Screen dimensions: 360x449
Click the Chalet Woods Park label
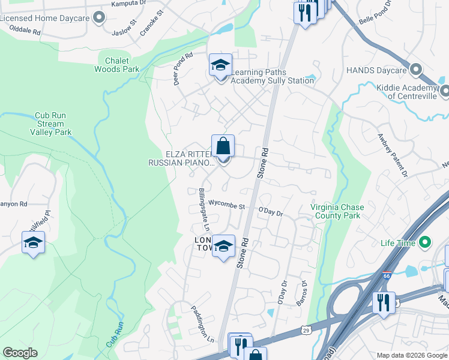117,65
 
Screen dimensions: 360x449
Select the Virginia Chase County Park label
337,211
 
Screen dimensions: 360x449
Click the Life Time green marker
425,243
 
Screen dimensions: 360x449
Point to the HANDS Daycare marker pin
415,70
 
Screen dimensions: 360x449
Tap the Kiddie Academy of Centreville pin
444,91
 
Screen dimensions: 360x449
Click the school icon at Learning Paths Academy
220,65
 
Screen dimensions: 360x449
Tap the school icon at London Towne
224,245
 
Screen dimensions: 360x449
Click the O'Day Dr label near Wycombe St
270,211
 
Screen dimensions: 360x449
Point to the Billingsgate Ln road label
203,210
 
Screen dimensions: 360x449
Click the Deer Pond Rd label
183,70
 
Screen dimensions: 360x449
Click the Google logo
20,353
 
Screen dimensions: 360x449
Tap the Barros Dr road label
303,293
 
